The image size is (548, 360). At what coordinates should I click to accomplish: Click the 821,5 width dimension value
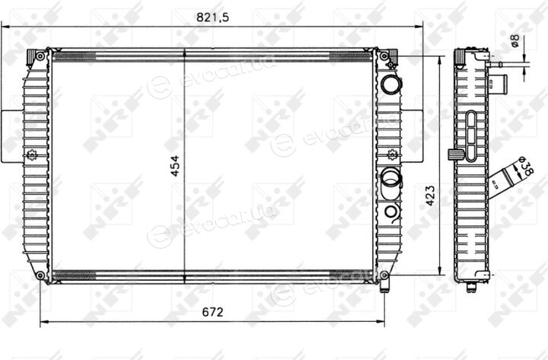(x=212, y=18)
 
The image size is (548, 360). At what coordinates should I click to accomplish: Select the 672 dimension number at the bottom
(x=212, y=312)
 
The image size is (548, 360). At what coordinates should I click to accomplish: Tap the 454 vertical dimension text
(x=175, y=166)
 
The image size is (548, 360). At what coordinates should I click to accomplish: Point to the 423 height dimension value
(x=431, y=196)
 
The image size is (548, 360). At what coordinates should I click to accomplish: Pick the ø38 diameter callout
(x=526, y=167)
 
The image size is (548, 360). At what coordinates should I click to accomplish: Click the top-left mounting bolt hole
(x=40, y=56)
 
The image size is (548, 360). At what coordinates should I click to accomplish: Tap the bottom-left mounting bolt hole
(x=40, y=275)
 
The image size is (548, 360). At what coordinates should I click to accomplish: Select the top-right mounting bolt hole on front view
(x=384, y=56)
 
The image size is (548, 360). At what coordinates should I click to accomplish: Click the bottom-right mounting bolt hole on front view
(x=384, y=276)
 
